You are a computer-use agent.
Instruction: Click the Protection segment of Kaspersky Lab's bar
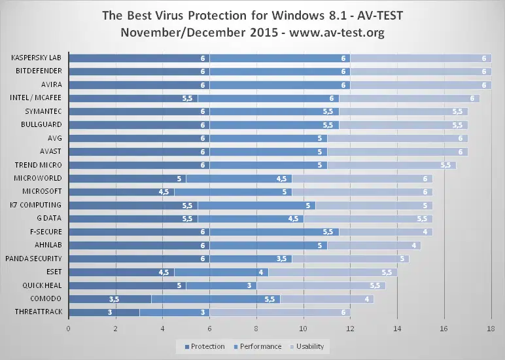click(137, 58)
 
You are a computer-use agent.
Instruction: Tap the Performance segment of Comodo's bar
click(216, 299)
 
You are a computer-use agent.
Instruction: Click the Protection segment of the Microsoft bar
click(121, 192)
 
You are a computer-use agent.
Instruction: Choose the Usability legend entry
click(309, 346)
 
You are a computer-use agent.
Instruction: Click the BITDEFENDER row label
click(39, 71)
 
